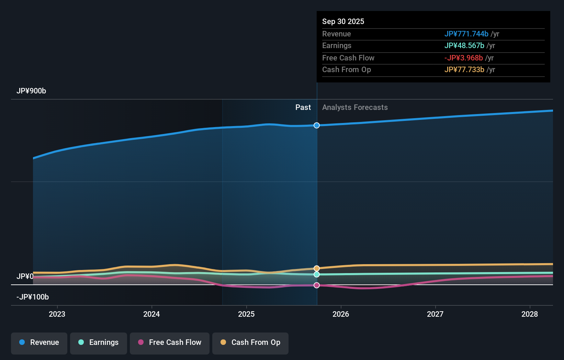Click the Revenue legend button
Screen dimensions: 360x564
(x=39, y=342)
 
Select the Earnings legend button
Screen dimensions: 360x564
(x=99, y=342)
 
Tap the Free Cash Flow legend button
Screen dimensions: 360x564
(x=170, y=342)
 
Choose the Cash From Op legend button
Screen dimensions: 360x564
(x=250, y=342)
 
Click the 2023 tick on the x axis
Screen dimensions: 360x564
(x=57, y=314)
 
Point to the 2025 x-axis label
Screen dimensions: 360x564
(x=246, y=314)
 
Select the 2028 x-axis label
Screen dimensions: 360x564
(x=529, y=314)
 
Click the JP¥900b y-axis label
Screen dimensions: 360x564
(x=31, y=91)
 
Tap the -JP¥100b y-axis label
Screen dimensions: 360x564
(x=33, y=297)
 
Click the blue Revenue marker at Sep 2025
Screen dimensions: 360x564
(x=317, y=125)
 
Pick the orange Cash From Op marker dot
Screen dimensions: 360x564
(x=317, y=268)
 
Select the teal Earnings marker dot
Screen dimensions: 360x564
(x=317, y=274)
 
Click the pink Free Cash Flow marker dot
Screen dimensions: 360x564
(x=317, y=285)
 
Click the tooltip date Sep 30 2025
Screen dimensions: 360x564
(x=343, y=21)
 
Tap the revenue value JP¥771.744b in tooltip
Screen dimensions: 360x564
(x=466, y=34)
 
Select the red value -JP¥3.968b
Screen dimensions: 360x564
(x=463, y=58)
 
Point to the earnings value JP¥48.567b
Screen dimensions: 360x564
(x=464, y=46)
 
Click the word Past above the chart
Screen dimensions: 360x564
(x=303, y=108)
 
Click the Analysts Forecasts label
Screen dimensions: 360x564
(x=355, y=108)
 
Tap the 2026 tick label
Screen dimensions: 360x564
(x=341, y=314)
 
